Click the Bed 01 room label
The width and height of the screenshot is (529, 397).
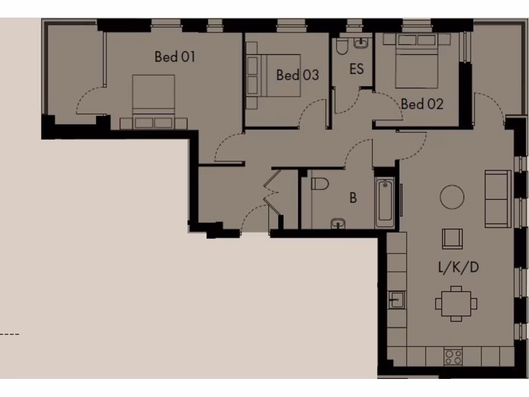click(175, 56)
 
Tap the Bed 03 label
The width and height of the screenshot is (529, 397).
click(297, 75)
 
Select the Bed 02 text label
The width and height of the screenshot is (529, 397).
click(422, 104)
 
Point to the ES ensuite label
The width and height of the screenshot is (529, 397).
click(356, 69)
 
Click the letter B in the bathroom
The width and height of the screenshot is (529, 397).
click(353, 198)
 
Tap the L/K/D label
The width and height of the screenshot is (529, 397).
click(458, 267)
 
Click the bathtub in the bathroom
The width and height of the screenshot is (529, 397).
click(384, 203)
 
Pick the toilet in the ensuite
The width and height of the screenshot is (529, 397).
click(342, 47)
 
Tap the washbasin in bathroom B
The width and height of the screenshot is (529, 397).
click(338, 223)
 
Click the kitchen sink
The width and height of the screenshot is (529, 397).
click(397, 299)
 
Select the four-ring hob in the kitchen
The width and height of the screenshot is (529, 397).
click(453, 357)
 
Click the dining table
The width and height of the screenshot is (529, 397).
click(456, 303)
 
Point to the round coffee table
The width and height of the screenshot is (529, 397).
click(452, 197)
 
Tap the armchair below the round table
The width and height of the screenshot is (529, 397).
click(453, 239)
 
